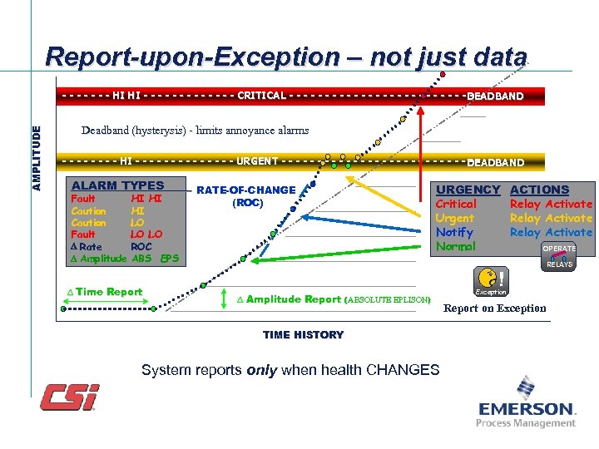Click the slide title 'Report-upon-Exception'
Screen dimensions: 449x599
coord(286,57)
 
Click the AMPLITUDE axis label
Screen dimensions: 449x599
coord(36,157)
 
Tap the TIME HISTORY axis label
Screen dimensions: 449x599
coord(303,335)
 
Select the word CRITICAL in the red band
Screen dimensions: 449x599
coord(261,96)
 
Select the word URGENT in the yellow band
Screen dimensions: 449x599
coord(257,161)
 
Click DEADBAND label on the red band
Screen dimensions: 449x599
coord(495,96)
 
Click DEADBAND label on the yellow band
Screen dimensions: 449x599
coord(495,163)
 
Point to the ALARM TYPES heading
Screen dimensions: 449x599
coord(117,185)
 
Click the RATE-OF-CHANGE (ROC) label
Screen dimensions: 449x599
coord(245,196)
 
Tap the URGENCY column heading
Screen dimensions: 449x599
coord(468,190)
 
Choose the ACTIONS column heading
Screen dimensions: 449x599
coord(539,190)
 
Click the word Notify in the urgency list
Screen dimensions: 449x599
coord(454,233)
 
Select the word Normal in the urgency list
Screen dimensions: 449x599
coord(455,247)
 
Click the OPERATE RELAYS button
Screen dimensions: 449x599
coord(558,256)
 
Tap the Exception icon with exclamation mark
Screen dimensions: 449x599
coord(490,280)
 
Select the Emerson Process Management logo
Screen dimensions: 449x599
coord(526,403)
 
